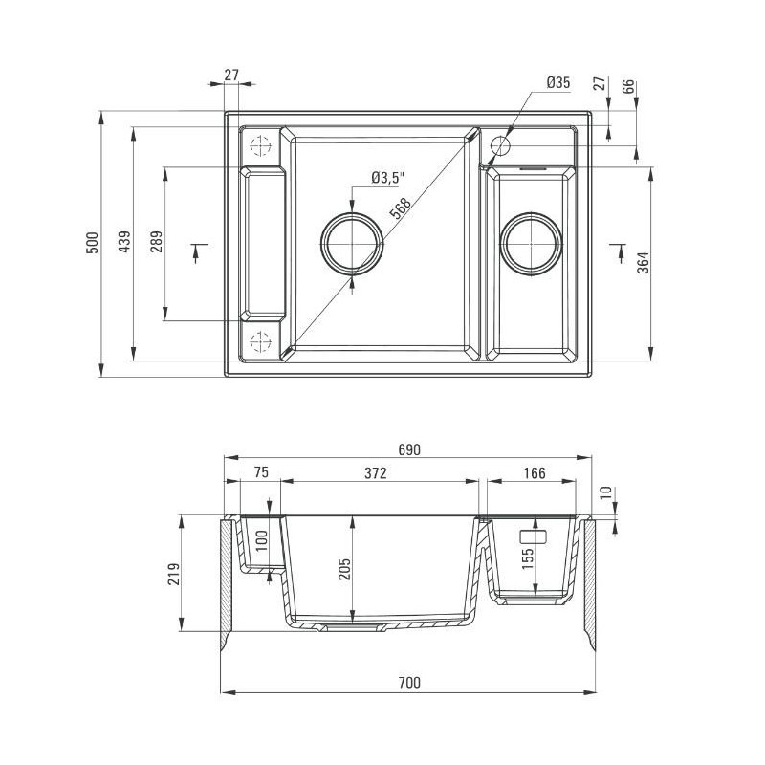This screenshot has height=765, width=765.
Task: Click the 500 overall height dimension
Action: click(x=92, y=243)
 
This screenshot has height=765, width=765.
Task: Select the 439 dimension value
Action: click(x=123, y=244)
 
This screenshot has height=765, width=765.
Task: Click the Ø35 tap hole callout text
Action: click(x=558, y=83)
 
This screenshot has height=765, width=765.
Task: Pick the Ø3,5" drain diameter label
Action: click(x=388, y=177)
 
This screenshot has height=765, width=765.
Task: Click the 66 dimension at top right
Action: click(x=628, y=86)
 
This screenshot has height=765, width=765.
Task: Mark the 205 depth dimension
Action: click(x=345, y=570)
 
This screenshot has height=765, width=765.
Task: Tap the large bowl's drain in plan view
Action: click(x=354, y=242)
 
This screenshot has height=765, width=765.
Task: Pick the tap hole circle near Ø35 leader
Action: click(x=501, y=146)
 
